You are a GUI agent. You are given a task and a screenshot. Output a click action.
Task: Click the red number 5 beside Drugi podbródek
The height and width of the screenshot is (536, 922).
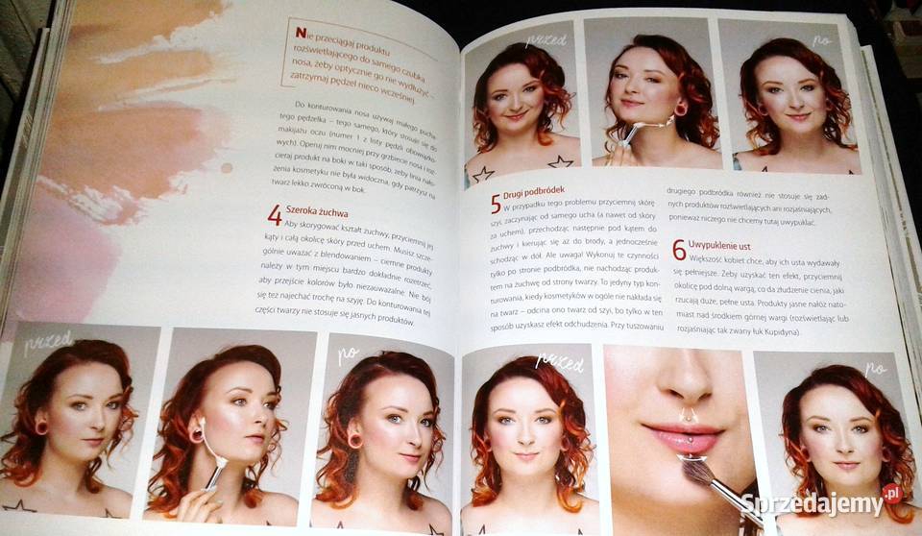(496, 203)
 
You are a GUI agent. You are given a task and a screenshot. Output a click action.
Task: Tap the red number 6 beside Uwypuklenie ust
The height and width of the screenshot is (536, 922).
(678, 250)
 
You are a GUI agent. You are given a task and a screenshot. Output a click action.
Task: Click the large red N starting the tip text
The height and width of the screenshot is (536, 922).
(301, 33)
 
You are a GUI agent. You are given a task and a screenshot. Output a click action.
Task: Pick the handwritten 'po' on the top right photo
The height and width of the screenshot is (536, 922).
(822, 40)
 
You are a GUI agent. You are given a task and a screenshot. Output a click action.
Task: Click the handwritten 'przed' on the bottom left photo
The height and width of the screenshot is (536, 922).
(48, 341)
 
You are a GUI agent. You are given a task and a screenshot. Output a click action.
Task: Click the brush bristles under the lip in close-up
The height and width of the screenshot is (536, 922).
(694, 468)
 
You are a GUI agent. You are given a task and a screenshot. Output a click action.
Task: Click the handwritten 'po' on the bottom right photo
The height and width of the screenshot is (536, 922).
(875, 368)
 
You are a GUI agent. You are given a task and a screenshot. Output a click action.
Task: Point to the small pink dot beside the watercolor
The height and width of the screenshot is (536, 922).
(227, 167)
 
